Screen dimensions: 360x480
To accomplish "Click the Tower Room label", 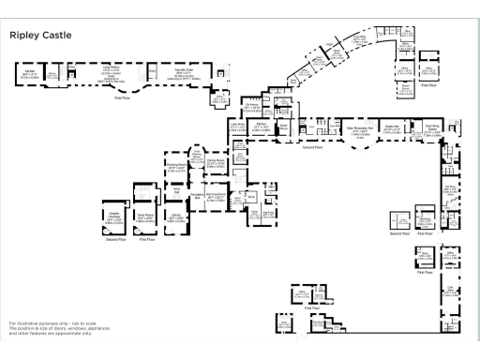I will [x=145, y=217].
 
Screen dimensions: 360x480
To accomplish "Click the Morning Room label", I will [x=215, y=198].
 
